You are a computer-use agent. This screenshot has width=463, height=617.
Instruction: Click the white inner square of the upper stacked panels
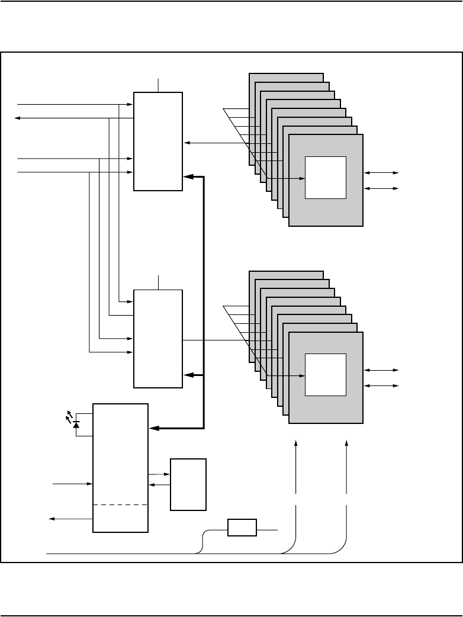pos(325,178)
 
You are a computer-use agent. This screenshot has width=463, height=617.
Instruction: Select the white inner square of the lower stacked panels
pos(325,374)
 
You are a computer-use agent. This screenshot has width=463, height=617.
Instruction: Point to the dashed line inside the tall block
pos(120,504)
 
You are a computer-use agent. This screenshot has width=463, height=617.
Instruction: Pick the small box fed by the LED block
pos(188,484)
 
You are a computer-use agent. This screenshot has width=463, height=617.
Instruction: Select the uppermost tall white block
pos(158,141)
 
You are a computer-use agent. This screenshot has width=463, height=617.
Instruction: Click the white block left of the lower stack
pos(158,338)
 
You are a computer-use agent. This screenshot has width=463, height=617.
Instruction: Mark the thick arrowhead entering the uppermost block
pos(188,176)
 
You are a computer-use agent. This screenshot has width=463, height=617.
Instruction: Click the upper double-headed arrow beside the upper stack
pos(382,173)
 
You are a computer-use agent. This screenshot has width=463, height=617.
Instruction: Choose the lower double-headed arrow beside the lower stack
pos(382,386)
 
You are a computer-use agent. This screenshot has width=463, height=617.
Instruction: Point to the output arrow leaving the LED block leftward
pos(52,519)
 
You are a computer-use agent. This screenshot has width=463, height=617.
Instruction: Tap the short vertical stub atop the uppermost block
pos(159,85)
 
